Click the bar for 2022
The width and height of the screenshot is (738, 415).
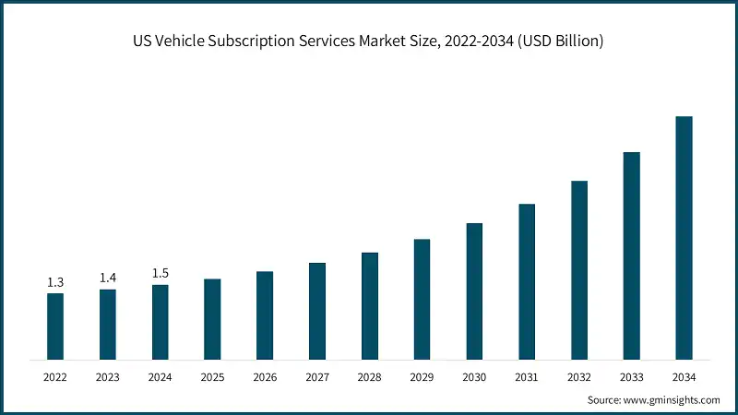pos(55,326)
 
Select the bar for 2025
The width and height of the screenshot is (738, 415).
pos(212,318)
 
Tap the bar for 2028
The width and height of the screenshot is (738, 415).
pos(370,305)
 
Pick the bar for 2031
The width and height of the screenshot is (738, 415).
pos(527,281)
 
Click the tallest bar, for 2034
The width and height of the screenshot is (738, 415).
pos(684,237)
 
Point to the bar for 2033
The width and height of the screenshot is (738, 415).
pos(631,255)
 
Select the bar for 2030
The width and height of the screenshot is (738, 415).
pos(474,290)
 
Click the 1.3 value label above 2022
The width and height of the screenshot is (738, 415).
pos(55,282)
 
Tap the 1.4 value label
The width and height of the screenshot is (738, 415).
pos(108,278)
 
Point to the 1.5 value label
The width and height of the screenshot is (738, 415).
pos(160,273)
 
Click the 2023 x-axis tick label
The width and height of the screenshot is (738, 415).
pos(108,377)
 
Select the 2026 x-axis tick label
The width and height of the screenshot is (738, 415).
pos(265,377)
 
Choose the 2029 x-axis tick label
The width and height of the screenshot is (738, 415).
pos(422,377)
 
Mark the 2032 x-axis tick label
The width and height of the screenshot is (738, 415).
pos(579,377)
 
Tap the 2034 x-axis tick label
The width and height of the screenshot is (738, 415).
pos(684,377)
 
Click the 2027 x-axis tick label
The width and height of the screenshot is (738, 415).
pos(317,377)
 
